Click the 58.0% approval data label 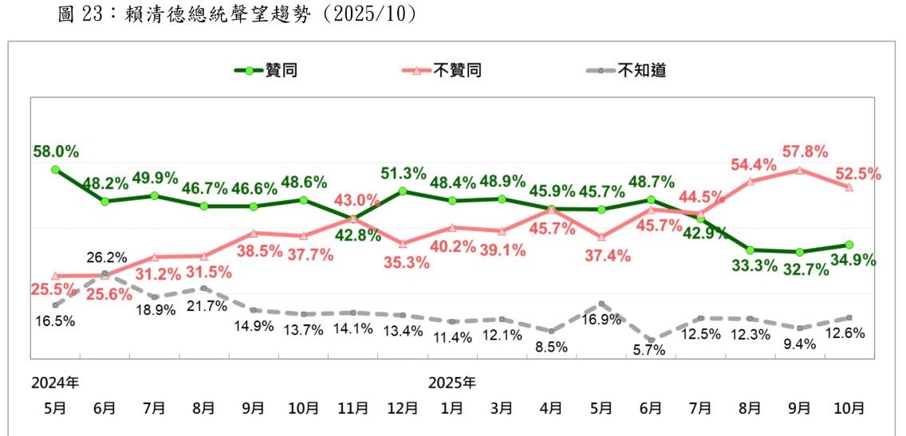point(55,151)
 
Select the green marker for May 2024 point(55,169)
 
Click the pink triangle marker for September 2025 point(800,170)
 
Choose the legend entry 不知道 point(640,70)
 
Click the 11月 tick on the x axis point(353,408)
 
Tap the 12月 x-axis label point(402,408)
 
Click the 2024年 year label point(54,382)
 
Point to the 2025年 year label point(451,382)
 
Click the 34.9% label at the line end point(852,261)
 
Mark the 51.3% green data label point(403,173)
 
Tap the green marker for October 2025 point(849,245)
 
